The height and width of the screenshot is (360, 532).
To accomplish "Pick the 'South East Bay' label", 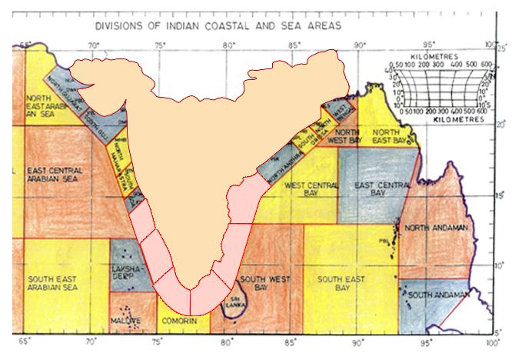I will coord(341,283).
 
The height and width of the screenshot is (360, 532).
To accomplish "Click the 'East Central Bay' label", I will coord(376,189).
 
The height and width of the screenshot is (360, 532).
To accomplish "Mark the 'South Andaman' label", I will coord(437,295).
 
